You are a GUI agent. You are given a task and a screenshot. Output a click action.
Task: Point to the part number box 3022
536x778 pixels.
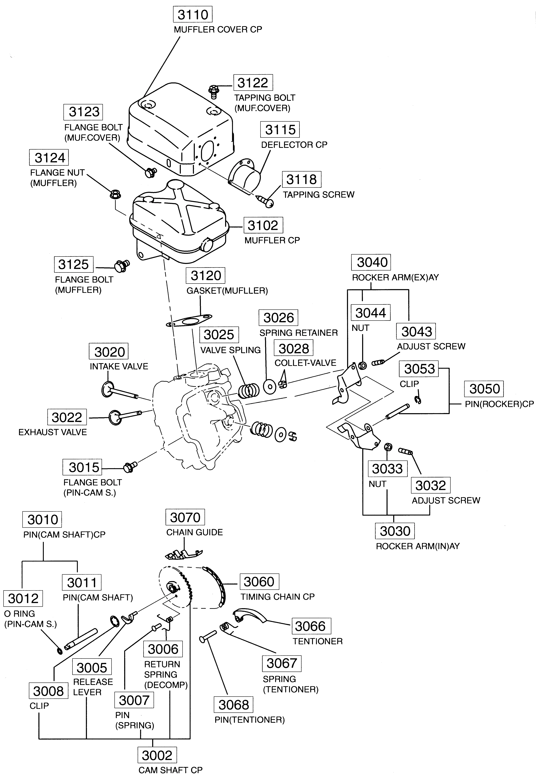click(x=67, y=417)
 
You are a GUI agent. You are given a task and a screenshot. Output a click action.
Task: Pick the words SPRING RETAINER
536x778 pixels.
click(x=298, y=333)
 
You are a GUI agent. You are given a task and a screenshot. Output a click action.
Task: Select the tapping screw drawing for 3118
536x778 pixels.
click(x=265, y=201)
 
